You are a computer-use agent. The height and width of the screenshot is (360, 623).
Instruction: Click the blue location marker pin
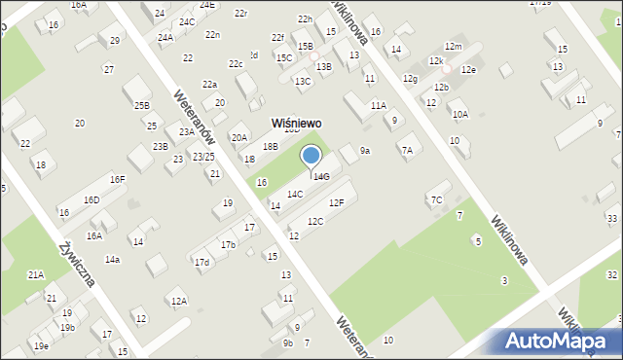311,156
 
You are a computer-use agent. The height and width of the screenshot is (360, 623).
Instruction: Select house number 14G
322,176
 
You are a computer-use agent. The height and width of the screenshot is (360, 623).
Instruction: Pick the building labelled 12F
336,202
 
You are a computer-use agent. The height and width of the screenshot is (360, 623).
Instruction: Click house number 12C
315,222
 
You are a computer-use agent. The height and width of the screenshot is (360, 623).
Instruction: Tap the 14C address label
294,195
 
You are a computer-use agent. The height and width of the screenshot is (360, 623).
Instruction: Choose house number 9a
365,151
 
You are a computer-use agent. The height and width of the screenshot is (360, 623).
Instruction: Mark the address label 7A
407,150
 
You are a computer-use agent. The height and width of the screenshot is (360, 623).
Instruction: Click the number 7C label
436,200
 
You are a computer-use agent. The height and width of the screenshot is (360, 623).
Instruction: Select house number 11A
379,105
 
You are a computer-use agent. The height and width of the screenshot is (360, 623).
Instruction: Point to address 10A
460,114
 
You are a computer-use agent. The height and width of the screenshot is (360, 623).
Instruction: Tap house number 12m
453,47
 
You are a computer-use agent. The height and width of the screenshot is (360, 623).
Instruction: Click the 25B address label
142,105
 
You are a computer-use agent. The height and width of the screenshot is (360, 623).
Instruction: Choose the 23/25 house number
203,157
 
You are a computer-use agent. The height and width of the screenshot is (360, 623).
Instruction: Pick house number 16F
117,179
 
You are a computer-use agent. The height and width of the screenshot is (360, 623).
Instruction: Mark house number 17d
202,263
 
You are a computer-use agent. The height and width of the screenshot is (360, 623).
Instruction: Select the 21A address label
35,275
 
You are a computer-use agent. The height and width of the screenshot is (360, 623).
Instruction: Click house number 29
115,40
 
